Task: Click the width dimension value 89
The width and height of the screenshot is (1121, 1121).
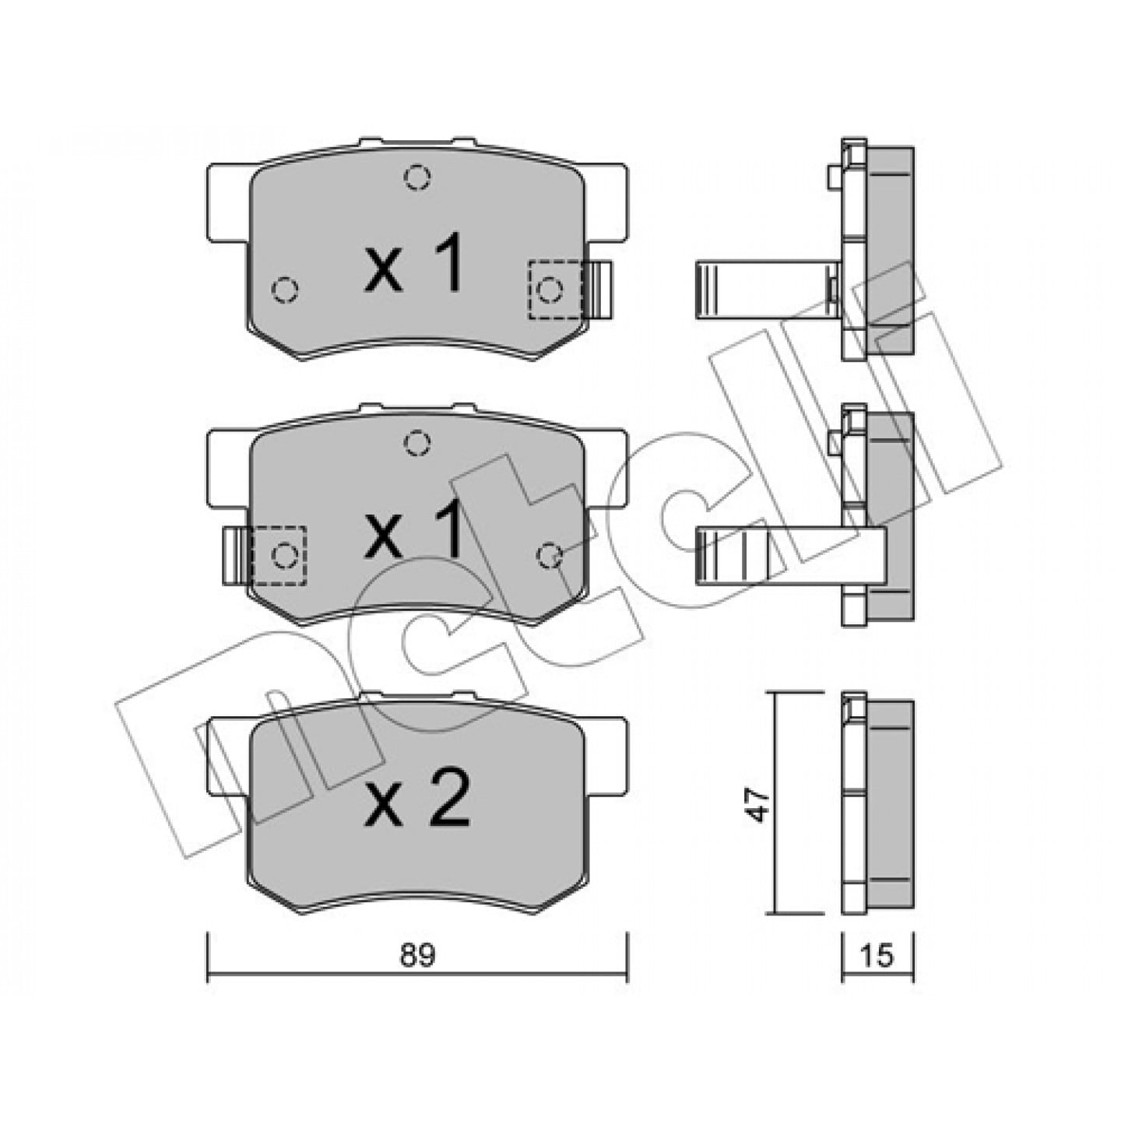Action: (417, 957)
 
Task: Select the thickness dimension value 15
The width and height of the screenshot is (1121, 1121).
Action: (877, 957)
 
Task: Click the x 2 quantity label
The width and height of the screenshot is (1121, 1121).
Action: (417, 800)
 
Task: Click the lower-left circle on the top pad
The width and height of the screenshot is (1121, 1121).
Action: (285, 289)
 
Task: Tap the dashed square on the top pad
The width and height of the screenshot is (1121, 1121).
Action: (555, 289)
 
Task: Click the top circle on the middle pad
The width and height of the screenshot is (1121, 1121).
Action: (417, 443)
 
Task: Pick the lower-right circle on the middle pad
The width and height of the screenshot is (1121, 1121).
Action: (550, 556)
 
